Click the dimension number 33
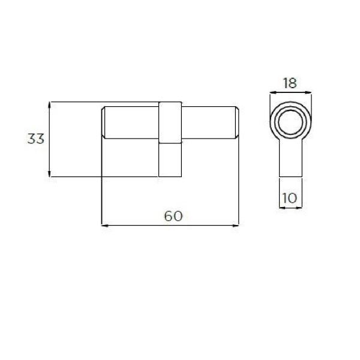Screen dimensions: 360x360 click(36, 139)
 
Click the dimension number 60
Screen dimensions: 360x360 click(173, 216)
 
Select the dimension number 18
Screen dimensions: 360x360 click(290, 83)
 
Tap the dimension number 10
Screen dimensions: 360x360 click(290, 198)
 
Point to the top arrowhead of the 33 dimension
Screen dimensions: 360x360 click(49, 104)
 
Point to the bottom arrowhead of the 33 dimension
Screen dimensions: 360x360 click(49, 174)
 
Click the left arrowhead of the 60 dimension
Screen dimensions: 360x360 click(104, 226)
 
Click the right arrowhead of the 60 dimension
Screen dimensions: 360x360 click(236, 226)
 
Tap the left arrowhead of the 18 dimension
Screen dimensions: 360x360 click(273, 92)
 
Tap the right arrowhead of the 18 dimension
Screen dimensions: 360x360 click(308, 92)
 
